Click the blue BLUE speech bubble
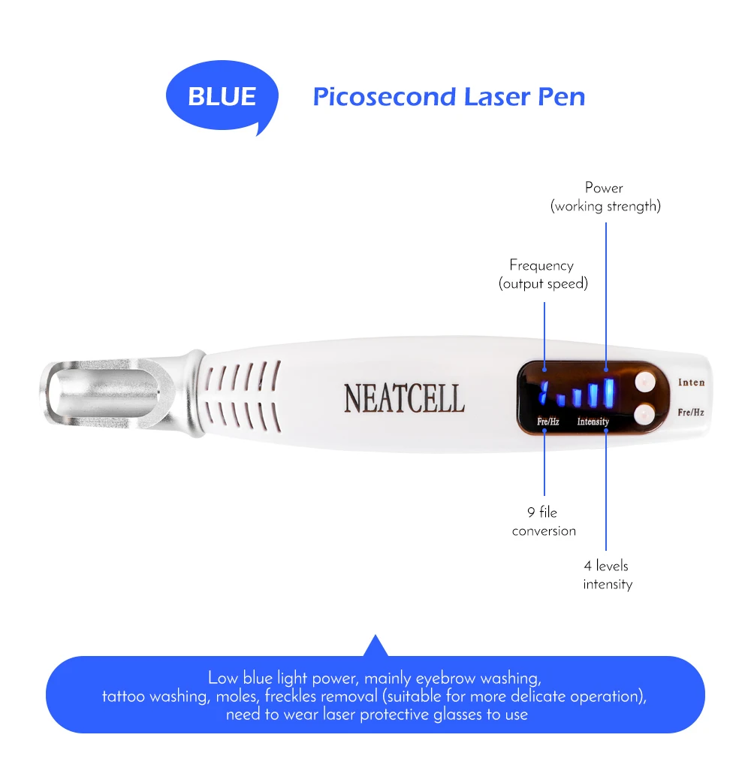[222, 97]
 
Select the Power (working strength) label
[605, 197]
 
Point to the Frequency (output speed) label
[542, 274]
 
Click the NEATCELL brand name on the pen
[404, 399]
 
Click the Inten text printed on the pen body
[691, 382]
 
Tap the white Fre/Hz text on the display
[547, 422]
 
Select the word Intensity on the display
[593, 422]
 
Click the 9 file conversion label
[544, 522]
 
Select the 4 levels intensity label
[607, 575]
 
